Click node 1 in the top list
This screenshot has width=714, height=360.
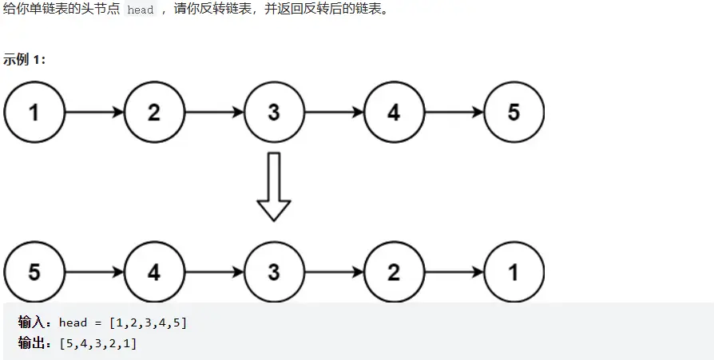pos(34,113)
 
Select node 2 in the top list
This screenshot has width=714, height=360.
pos(153,113)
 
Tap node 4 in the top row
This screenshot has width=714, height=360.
pos(393,113)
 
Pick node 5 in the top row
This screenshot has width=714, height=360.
pos(513,113)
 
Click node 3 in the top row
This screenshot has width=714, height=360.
pos(273,113)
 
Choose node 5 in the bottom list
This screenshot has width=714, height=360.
pos(34,272)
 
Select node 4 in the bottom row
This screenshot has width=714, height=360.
pos(153,272)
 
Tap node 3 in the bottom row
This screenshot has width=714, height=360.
pos(273,272)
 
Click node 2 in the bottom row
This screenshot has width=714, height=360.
pos(393,272)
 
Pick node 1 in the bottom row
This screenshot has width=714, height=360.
pos(513,272)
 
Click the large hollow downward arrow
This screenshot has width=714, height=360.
pos(273,186)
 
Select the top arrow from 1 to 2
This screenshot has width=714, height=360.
pos(93,113)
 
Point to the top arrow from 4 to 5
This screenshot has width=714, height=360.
pos(453,113)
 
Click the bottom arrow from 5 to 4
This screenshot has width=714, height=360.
pos(93,272)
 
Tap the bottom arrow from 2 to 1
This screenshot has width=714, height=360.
pos(453,272)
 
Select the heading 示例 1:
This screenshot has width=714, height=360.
pos(25,59)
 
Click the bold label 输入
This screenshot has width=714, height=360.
pos(33,322)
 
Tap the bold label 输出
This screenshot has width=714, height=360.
pos(33,342)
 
